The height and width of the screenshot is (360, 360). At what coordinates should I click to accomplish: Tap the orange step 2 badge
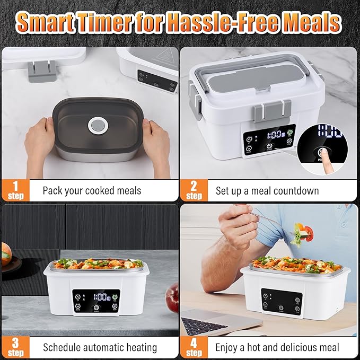coord(194,190)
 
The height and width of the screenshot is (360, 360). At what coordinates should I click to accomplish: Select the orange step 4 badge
coord(194,347)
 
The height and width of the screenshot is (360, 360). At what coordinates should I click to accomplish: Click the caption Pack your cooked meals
coord(92,190)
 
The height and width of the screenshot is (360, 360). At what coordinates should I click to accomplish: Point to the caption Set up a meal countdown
coord(267,190)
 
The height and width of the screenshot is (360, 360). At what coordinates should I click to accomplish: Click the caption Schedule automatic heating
coord(100,348)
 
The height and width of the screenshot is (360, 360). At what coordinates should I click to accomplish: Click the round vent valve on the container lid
coord(98,126)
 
